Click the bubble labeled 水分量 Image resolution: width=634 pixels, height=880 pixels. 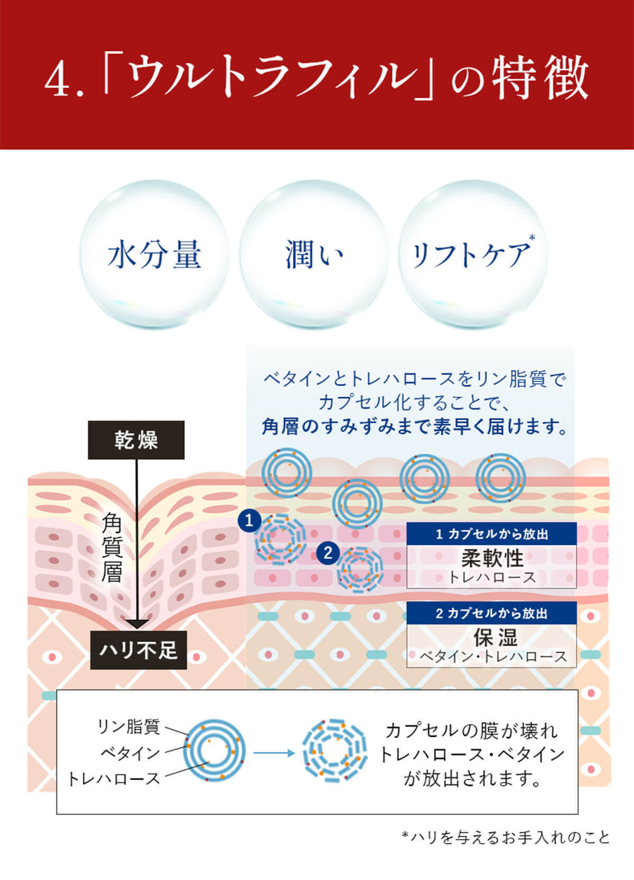[x=154, y=254]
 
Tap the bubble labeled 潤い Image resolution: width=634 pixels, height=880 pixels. [x=314, y=254]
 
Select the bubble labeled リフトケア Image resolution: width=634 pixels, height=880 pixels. [x=473, y=254]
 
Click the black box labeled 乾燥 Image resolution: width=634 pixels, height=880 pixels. [x=136, y=440]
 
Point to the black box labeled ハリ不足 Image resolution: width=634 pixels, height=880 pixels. [x=138, y=650]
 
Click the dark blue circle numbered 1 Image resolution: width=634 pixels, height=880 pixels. [x=249, y=521]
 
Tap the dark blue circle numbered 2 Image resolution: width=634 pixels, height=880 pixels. [x=328, y=553]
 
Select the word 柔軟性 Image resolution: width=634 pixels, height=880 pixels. [x=492, y=558]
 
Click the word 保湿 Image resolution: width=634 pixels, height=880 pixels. [x=495, y=637]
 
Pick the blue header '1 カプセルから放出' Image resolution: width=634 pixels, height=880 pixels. [x=491, y=534]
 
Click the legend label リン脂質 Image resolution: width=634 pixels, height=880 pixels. [x=128, y=727]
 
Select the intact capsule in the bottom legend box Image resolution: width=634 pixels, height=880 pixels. [x=215, y=751]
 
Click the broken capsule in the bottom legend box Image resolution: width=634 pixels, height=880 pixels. [x=334, y=751]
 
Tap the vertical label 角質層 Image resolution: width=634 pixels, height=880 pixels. [x=112, y=547]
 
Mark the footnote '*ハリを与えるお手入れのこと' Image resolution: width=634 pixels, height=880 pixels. [x=506, y=837]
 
